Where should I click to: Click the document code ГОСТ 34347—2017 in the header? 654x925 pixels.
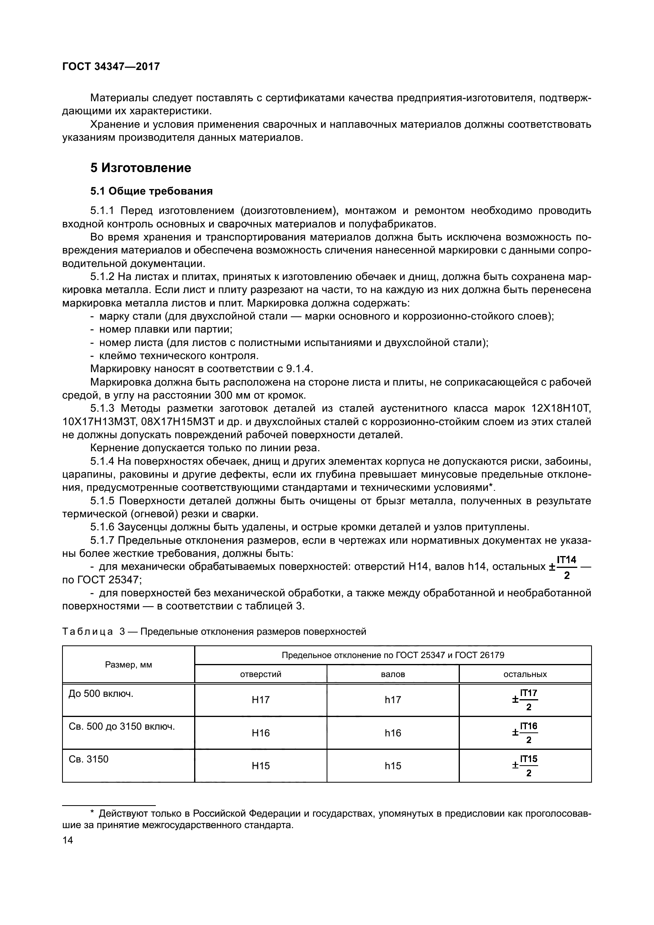click(111, 66)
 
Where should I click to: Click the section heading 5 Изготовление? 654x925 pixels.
click(140, 168)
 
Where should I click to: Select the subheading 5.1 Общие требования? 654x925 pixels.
click(151, 191)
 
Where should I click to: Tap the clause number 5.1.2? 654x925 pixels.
click(103, 277)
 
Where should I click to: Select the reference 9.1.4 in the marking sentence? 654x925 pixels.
click(299, 369)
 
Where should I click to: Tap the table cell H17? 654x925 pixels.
click(261, 700)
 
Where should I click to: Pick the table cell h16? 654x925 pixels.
click(393, 733)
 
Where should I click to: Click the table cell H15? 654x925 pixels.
click(261, 766)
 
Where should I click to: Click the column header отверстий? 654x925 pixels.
click(261, 674)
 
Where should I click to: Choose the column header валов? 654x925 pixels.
click(393, 674)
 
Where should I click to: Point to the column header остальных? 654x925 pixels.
click(525, 674)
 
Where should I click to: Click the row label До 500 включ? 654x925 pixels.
click(101, 694)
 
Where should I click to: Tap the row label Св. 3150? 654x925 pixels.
click(89, 759)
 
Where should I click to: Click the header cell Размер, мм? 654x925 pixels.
click(129, 665)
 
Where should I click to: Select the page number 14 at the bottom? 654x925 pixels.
click(68, 840)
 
